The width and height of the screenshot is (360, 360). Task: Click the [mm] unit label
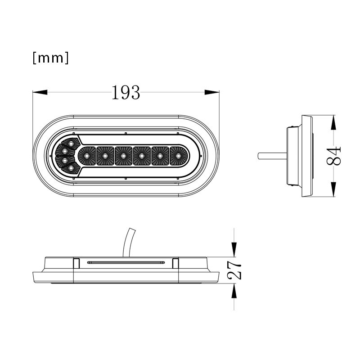51,58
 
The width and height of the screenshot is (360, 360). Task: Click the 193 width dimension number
126,93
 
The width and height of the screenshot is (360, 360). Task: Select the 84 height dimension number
334,156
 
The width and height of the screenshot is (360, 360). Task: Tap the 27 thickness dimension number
234,270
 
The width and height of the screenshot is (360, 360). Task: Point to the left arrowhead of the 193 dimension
40,92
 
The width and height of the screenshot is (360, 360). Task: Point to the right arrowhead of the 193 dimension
212,92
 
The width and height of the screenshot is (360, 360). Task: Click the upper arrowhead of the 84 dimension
333,122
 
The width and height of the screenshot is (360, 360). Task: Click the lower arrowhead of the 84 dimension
333,189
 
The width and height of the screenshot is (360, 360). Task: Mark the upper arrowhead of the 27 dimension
234,250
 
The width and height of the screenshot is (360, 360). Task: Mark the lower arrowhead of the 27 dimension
234,291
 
